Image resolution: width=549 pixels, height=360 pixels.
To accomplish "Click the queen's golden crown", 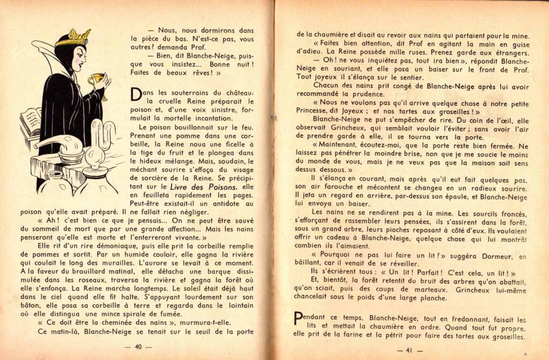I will (x=74, y=38).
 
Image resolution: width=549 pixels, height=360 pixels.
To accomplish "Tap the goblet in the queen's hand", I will (x=97, y=82).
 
